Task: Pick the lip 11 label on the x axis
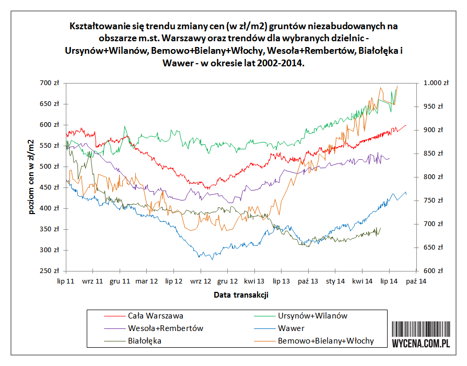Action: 66,281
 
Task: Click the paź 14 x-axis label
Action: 415,281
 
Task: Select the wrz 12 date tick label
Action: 200,281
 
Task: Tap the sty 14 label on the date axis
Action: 335,281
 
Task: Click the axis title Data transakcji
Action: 241,295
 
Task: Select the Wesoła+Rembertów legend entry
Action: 165,328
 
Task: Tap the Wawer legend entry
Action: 291,328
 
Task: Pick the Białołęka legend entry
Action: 144,341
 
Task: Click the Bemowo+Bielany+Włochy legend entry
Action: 325,341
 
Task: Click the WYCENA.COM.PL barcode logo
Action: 421,335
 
